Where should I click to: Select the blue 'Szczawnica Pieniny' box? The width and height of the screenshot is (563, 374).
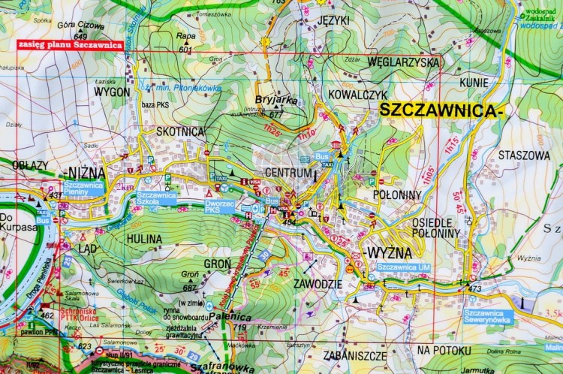[x=83, y=187]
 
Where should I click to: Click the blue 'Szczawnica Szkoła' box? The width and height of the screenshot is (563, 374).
[x=156, y=198]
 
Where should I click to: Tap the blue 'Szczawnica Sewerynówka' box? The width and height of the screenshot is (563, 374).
[x=488, y=316]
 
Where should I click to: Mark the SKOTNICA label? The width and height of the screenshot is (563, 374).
[x=180, y=131]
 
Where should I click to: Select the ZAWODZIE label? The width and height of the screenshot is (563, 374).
[x=319, y=285]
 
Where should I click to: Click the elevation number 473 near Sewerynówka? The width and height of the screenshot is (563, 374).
[x=474, y=288]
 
